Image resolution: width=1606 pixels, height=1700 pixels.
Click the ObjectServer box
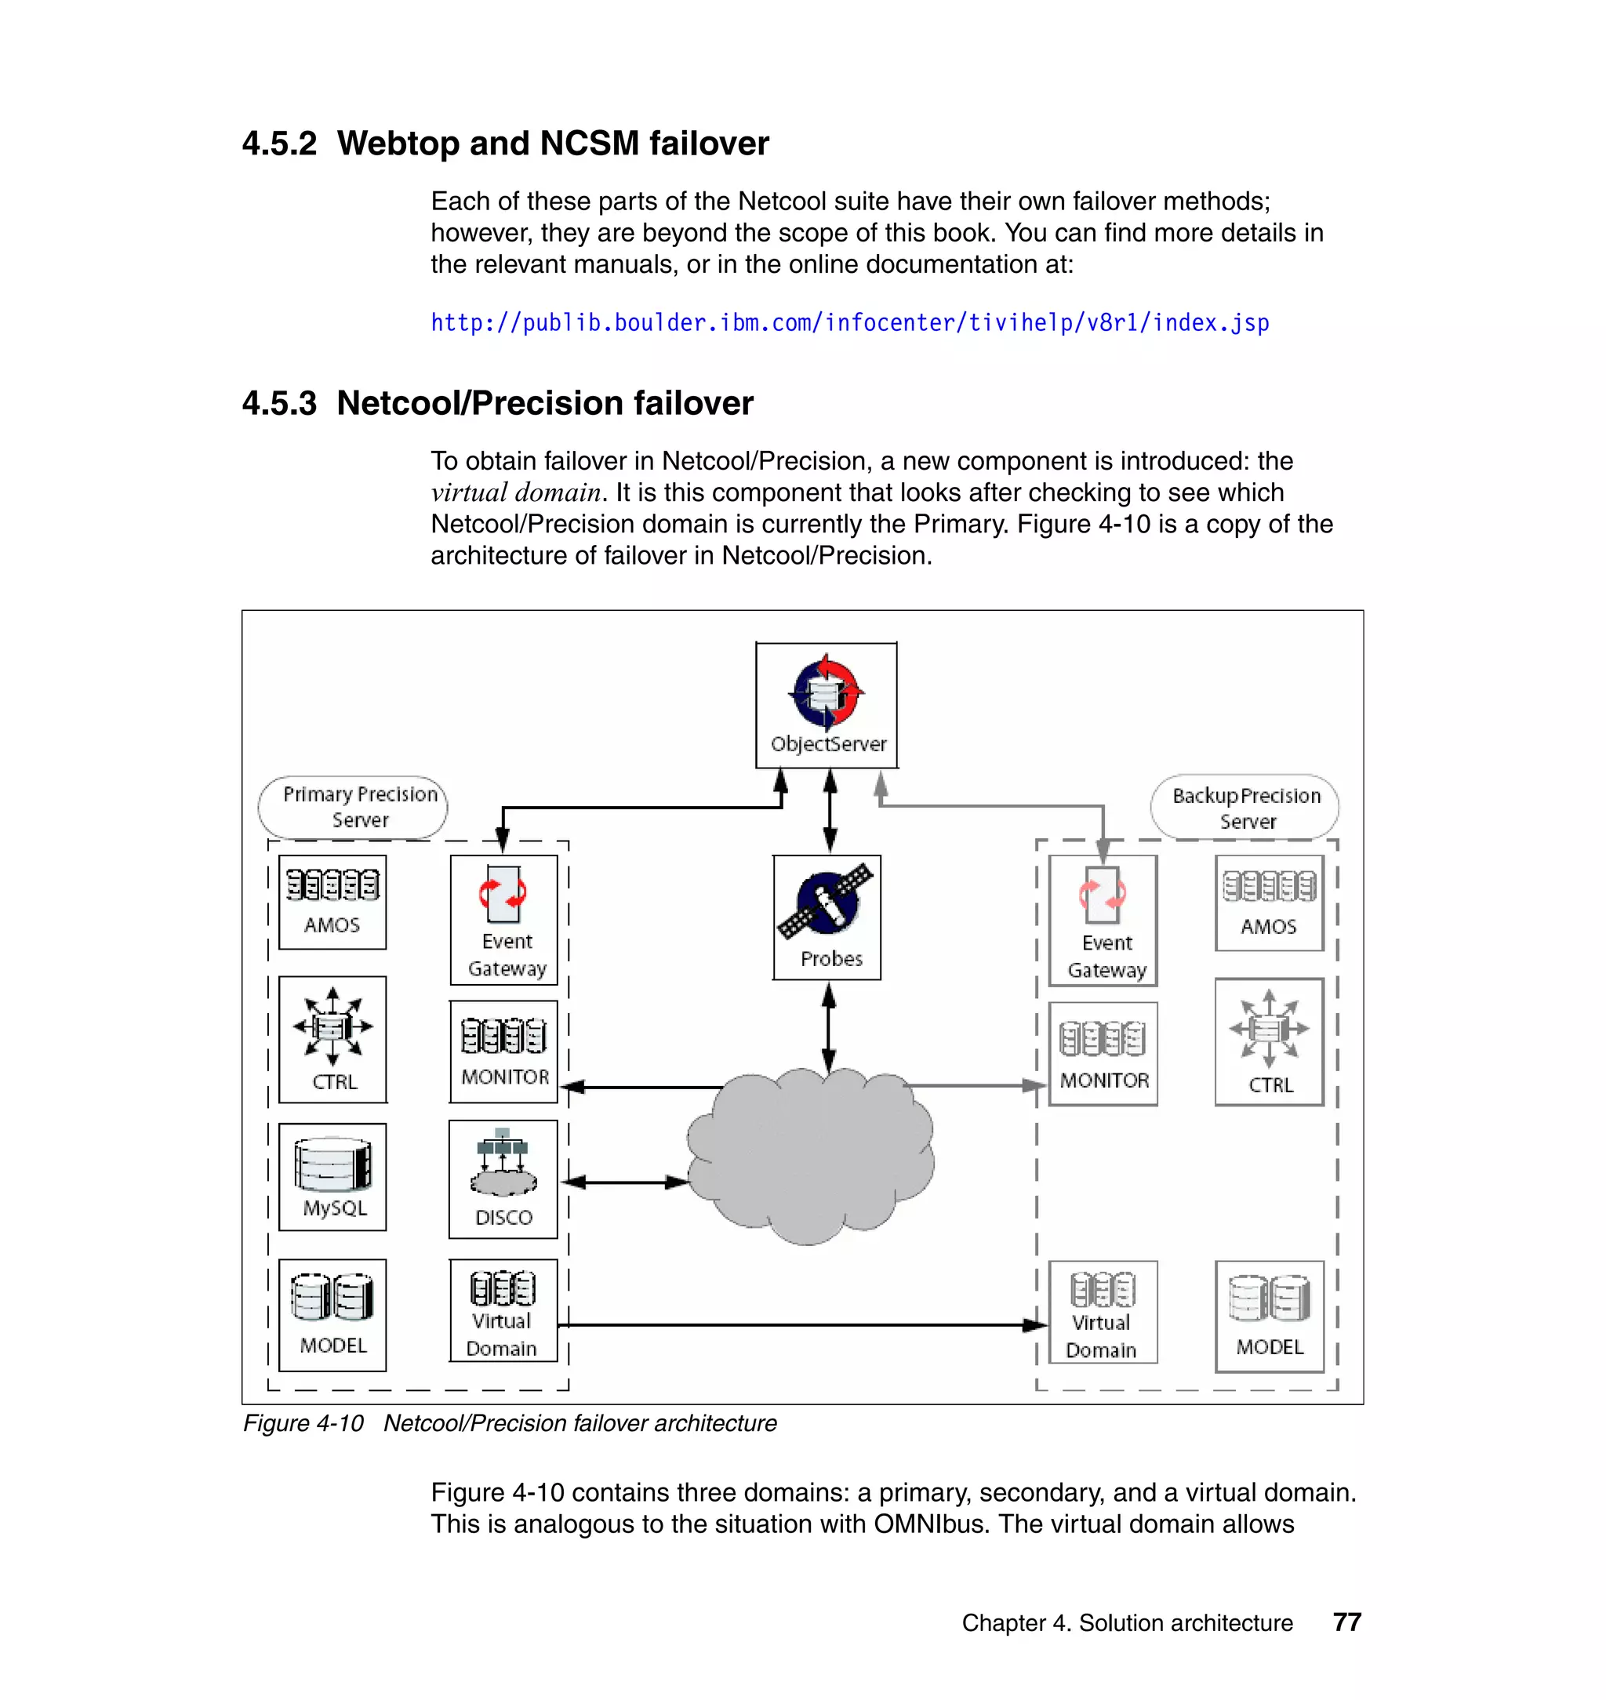[x=826, y=704]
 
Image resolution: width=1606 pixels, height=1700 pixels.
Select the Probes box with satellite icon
[x=826, y=917]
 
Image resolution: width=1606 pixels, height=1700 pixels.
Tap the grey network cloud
[x=809, y=1156]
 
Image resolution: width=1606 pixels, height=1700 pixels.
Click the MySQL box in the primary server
[x=332, y=1177]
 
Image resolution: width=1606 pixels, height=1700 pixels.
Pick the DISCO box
[x=503, y=1179]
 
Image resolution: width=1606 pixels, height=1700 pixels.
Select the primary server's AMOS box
[x=332, y=903]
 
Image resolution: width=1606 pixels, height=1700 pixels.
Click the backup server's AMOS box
[x=1269, y=903]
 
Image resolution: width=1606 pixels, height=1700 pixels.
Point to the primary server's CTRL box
[x=332, y=1039]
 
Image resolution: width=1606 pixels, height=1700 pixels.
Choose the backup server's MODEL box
[x=1269, y=1316]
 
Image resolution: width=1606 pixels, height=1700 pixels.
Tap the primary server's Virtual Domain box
[x=503, y=1310]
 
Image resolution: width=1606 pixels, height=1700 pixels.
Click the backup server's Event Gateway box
[x=1103, y=921]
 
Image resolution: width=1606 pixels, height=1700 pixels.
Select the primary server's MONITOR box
[x=503, y=1052]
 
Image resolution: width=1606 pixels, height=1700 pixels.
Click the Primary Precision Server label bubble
[x=353, y=807]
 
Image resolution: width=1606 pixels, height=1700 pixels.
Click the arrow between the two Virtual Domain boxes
[x=801, y=1325]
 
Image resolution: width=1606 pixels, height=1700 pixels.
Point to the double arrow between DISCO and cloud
[x=625, y=1182]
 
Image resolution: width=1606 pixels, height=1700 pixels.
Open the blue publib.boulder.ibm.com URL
[x=849, y=323]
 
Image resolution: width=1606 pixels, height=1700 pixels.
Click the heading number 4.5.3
[x=279, y=403]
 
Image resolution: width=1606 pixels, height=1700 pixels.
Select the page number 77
[x=1346, y=1622]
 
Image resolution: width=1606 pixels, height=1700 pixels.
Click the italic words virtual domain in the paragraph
[x=515, y=493]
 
